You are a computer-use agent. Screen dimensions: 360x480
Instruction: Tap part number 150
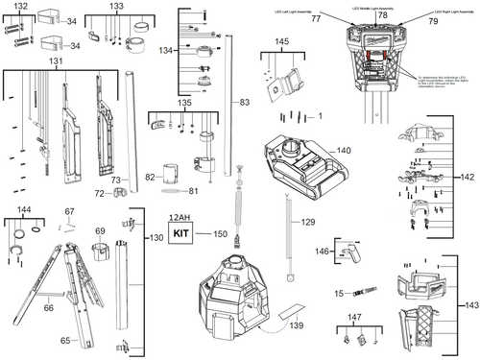click(x=221, y=234)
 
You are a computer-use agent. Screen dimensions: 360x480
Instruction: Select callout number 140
click(x=344, y=151)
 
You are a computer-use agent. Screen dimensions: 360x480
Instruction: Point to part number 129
click(x=308, y=222)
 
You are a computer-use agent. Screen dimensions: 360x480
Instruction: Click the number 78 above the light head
click(x=382, y=17)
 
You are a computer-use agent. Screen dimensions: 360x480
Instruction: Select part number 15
click(x=339, y=292)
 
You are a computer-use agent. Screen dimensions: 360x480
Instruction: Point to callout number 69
click(x=99, y=230)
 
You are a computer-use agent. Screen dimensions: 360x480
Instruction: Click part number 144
click(x=26, y=208)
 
